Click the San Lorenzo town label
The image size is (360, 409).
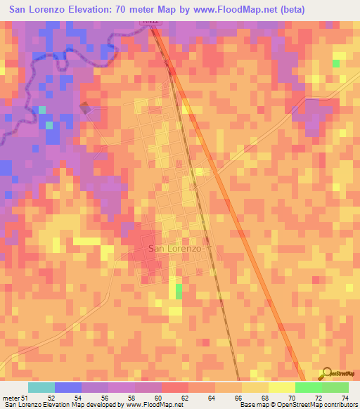point(175,249)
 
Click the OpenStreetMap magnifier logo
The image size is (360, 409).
point(328,375)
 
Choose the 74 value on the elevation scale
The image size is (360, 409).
point(345,398)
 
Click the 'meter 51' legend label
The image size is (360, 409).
point(16,398)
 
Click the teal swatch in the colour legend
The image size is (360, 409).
point(41,387)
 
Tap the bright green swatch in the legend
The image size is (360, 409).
point(308,387)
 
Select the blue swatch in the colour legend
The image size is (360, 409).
point(68,387)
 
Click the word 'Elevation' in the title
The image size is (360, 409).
point(85,9)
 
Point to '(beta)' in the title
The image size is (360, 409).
point(282,9)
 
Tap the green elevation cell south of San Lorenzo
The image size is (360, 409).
point(179,290)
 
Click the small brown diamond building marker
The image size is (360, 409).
point(85,108)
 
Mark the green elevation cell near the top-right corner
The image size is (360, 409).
point(336,63)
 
